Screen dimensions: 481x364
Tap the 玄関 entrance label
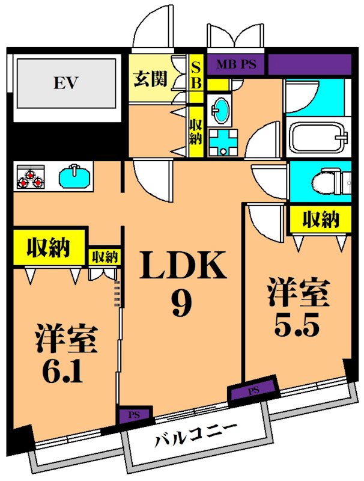pos(150,79)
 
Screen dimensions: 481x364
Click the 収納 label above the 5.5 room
pos(320,220)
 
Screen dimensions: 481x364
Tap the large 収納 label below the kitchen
pos(49,247)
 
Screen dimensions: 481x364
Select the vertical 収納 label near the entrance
pos(195,131)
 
